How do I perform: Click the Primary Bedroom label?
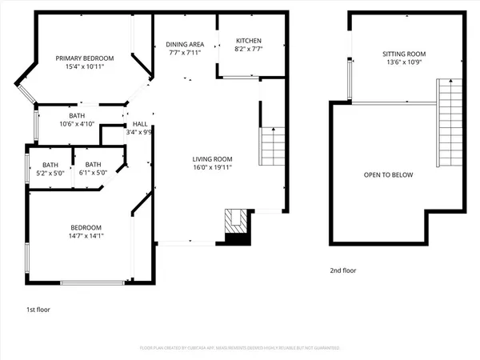click(84, 58)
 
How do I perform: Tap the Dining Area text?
click(186, 44)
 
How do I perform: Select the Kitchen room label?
click(248, 42)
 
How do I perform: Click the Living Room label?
click(211, 158)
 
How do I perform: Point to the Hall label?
click(139, 124)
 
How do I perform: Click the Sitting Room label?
click(403, 54)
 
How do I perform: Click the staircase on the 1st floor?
click(274, 146)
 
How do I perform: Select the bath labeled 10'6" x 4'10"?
click(77, 124)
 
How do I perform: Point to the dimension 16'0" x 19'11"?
click(211, 167)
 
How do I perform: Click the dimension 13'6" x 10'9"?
click(403, 63)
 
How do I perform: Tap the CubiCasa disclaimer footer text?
click(240, 348)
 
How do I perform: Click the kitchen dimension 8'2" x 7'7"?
click(248, 50)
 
